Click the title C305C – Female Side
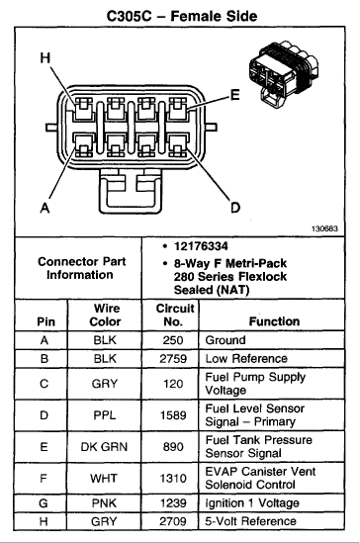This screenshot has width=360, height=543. (x=181, y=16)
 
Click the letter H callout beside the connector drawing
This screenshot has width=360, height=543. (x=45, y=57)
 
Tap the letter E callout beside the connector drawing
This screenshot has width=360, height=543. (x=235, y=95)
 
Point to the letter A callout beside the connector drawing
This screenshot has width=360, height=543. (x=45, y=208)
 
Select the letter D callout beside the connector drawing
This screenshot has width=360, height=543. (x=235, y=208)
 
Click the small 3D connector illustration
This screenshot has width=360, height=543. (x=284, y=74)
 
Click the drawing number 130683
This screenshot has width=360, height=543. (x=324, y=228)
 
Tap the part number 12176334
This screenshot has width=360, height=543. (x=201, y=246)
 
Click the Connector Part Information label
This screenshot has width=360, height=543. (x=81, y=268)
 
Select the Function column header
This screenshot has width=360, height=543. (x=274, y=321)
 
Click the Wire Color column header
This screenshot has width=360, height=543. (x=105, y=315)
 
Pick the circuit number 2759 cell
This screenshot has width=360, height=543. (x=173, y=358)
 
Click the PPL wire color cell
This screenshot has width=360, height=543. (x=104, y=414)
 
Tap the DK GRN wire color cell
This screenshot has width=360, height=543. (x=104, y=446)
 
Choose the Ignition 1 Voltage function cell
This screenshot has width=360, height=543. (x=252, y=502)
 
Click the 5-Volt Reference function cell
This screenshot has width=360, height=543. (x=250, y=521)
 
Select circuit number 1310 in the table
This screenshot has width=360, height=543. (x=173, y=478)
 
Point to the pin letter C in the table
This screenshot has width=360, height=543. (x=44, y=384)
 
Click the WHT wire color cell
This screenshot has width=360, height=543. (x=104, y=478)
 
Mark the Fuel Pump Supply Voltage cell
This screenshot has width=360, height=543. (x=255, y=384)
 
